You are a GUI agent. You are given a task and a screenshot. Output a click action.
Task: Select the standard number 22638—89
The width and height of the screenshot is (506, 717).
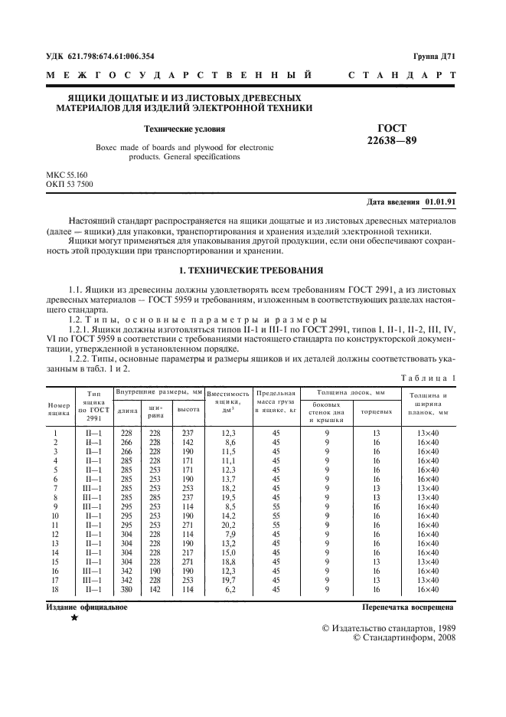pyautogui.click(x=392, y=140)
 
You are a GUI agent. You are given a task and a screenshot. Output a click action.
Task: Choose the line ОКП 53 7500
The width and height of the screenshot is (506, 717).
pyautogui.click(x=70, y=185)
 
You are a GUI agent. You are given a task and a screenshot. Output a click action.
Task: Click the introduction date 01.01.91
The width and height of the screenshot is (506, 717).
pyautogui.click(x=442, y=202)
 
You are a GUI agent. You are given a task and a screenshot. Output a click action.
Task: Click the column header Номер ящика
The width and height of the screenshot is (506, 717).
pyautogui.click(x=59, y=408)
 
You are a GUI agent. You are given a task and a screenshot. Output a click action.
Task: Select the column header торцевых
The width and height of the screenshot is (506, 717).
pyautogui.click(x=376, y=411)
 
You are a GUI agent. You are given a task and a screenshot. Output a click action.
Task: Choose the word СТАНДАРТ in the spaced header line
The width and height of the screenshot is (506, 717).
pyautogui.click(x=402, y=76)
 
